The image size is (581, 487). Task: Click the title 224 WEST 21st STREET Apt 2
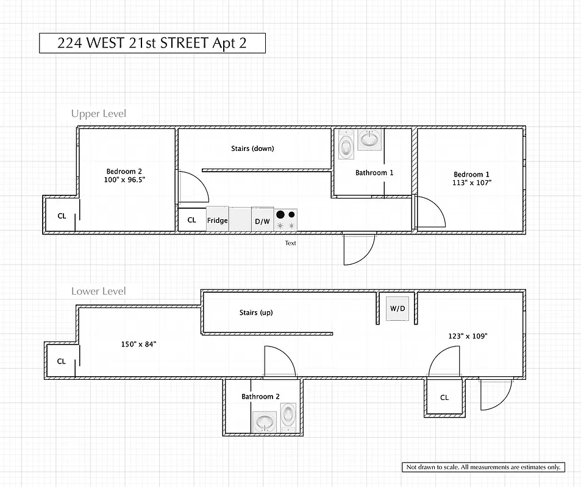152,43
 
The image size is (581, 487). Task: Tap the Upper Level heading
98,114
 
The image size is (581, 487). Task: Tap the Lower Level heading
98,291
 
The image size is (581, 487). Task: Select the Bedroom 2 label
124,172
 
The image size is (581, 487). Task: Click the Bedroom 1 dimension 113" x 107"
471,183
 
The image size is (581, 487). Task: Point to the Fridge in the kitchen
217,220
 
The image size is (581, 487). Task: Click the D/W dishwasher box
262,220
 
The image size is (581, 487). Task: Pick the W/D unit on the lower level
397,309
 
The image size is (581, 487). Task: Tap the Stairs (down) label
252,149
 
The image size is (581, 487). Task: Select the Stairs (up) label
256,312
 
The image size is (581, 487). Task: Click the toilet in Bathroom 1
346,145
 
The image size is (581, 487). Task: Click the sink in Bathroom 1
369,139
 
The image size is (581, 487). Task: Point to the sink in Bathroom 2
265,421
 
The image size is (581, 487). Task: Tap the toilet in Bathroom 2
288,419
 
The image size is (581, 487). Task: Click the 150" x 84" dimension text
138,344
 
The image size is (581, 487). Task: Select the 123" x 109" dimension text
468,336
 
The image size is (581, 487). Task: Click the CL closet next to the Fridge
191,220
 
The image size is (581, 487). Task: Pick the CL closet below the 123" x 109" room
444,398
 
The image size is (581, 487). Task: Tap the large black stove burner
280,214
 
